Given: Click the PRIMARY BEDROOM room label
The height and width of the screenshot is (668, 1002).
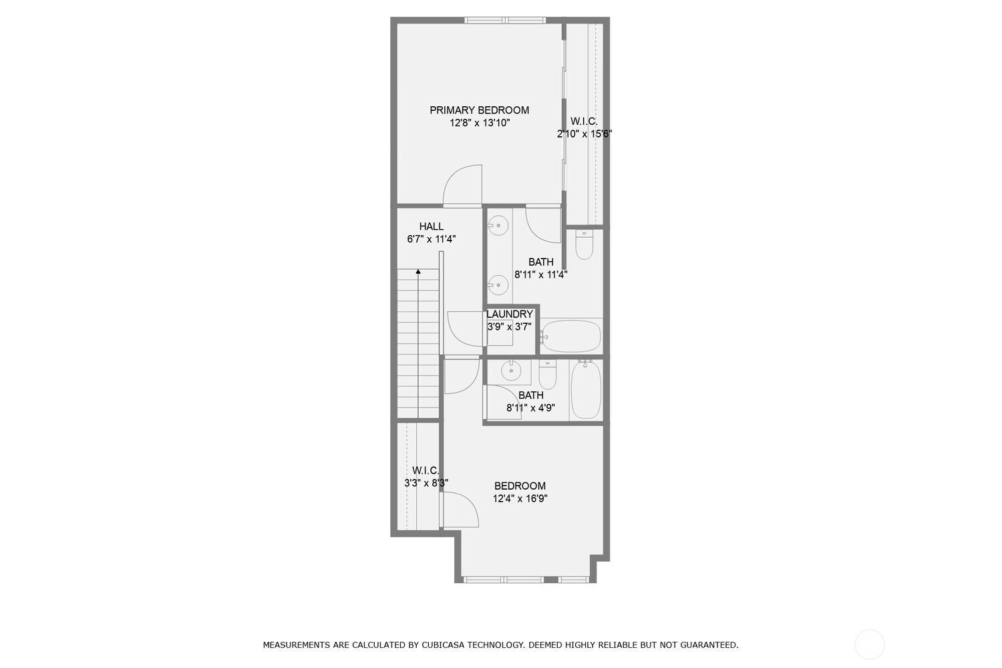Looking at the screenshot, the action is coord(479,110).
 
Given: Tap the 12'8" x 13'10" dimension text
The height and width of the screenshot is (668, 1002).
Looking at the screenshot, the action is coord(480,123).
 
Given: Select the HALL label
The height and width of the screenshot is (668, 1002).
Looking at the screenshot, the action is coord(432,226).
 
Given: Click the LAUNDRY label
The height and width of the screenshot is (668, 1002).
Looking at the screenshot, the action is coord(510,314).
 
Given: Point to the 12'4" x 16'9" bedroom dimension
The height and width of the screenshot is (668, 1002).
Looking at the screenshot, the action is coord(520,498).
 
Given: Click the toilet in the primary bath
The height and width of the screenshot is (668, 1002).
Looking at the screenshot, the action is coord(584,244).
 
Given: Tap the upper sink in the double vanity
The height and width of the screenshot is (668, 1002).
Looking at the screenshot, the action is coord(498,226).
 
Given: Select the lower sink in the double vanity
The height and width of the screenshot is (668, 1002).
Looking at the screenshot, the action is coord(498,285).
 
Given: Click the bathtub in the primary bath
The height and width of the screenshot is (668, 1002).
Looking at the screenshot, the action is coord(570,336).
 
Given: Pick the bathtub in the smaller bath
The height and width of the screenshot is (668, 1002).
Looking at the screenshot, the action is coord(586,389).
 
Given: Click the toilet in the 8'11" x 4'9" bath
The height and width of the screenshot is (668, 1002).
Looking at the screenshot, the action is coord(548,375).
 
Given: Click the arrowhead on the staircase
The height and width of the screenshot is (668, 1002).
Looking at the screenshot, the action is coord(418,271).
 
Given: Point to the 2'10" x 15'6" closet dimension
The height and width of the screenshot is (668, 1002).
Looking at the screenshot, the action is coord(584,134).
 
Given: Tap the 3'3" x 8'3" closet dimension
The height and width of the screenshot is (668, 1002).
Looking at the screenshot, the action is coord(426,483).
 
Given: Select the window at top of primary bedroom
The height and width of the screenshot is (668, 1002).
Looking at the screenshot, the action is coord(504,20).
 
